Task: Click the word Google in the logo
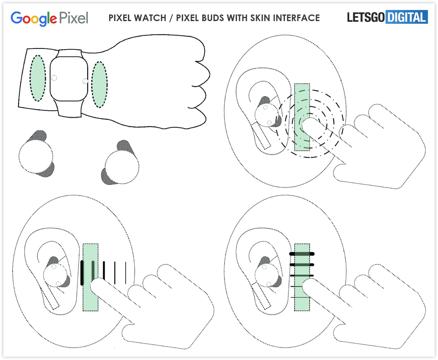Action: click(34, 19)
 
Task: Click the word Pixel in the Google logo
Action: click(74, 18)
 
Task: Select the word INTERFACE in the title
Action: click(296, 18)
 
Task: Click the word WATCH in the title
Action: click(150, 18)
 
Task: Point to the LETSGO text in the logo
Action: click(366, 17)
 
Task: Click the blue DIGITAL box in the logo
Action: click(406, 17)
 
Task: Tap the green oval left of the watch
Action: click(38, 78)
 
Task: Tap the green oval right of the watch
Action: click(99, 84)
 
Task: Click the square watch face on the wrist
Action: click(69, 79)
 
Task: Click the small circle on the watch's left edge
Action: click(54, 78)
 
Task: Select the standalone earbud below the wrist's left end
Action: click(37, 154)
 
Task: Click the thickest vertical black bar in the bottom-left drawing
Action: click(82, 272)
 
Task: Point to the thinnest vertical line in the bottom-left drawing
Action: click(125, 273)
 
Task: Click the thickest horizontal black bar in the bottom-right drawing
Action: click(302, 254)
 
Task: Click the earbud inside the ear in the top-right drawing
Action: click(267, 113)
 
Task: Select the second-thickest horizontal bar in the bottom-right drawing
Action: click(302, 265)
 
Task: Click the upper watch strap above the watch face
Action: click(69, 53)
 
